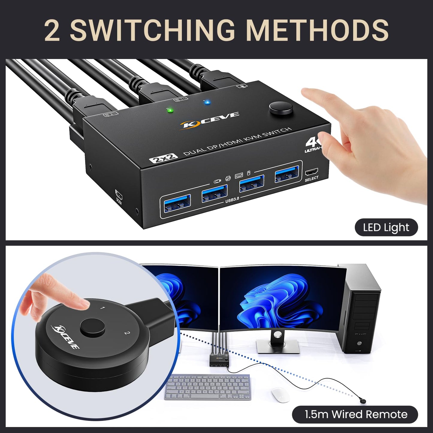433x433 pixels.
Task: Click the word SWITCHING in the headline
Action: [152, 30]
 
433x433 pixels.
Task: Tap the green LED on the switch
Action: [170, 110]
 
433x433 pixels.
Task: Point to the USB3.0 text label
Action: [232, 199]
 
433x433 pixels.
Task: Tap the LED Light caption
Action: [386, 228]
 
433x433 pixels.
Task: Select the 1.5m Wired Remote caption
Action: [355, 414]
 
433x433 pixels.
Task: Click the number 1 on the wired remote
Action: [103, 308]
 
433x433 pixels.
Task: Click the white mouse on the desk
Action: [280, 395]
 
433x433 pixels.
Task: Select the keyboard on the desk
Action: [208, 387]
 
